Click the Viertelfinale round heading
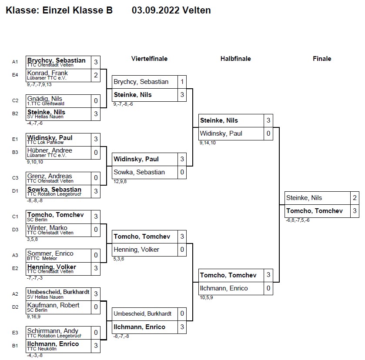pos(149,59)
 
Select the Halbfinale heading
pos(235,59)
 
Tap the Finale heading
pos(322,59)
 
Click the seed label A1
pos(15,62)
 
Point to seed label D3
pos(15,230)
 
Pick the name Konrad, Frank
pos(47,73)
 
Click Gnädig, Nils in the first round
pos(45,99)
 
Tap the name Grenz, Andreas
pos(50,176)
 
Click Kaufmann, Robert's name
pos(54,305)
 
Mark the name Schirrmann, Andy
pos(53,331)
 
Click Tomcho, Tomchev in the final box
pos(315,211)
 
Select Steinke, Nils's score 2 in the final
pos(355,198)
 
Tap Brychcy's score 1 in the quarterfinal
pos(182,82)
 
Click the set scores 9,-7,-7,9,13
pos(39,84)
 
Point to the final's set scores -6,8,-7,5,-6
pos(298,220)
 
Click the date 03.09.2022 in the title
pos(156,10)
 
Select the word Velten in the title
pos(197,10)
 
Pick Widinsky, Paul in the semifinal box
pos(221,133)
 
